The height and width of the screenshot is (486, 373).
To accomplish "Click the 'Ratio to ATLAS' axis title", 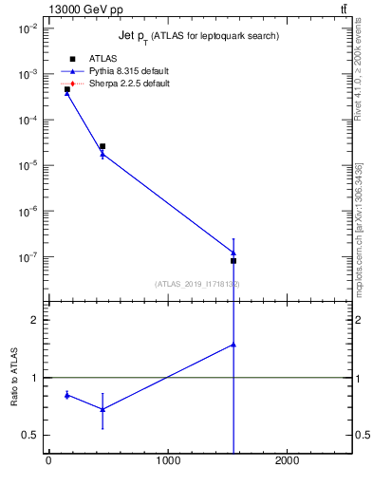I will (x=14, y=378).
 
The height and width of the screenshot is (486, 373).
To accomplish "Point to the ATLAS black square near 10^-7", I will (x=233, y=260).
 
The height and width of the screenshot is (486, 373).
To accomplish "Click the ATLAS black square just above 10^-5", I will (x=103, y=146).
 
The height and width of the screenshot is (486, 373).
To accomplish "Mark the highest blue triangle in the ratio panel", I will (x=233, y=345).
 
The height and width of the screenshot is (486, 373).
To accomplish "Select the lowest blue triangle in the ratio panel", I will (x=103, y=409).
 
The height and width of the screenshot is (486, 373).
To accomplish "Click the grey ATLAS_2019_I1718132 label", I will (x=197, y=284).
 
